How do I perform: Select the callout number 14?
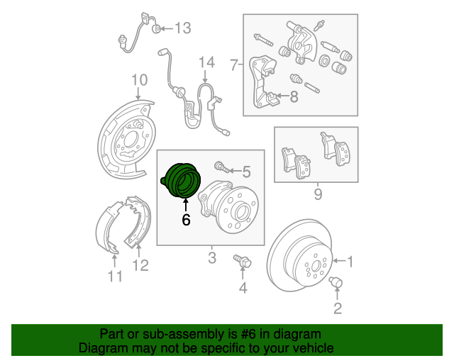[x=206, y=63]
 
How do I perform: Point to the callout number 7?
[x=234, y=66]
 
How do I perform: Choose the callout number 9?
[x=318, y=193]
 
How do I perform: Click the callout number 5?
[x=246, y=171]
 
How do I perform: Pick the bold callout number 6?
[x=186, y=220]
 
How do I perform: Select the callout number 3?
[x=211, y=257]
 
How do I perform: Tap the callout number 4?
[x=243, y=287]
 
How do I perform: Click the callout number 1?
[x=348, y=260]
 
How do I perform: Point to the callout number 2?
[x=337, y=308]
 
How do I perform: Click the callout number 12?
[x=140, y=266]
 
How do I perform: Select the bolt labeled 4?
[x=243, y=264]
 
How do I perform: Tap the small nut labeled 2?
[x=336, y=284]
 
